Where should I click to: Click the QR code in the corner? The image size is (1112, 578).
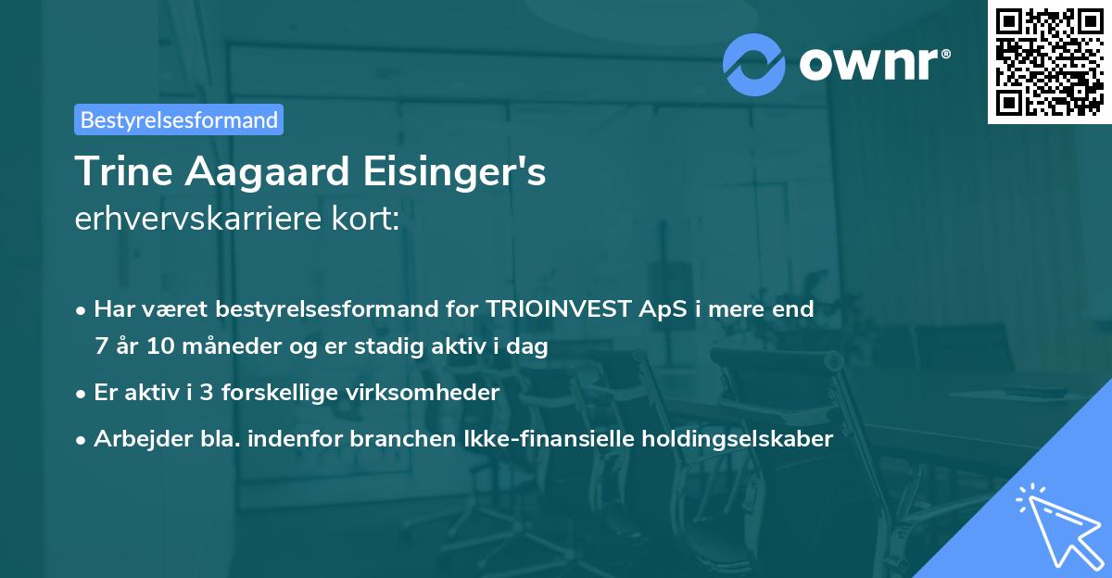[1049, 62]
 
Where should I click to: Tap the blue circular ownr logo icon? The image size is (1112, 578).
[754, 64]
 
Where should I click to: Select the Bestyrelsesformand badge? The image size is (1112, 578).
[179, 119]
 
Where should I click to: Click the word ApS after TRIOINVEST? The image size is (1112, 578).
[659, 309]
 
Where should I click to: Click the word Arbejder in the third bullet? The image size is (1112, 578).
[134, 439]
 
